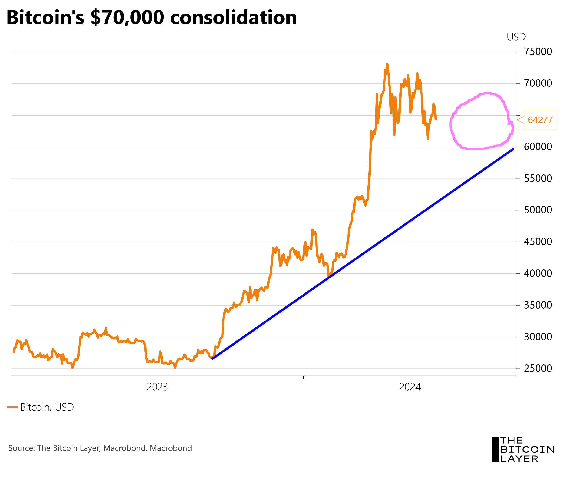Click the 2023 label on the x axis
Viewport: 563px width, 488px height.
click(157, 387)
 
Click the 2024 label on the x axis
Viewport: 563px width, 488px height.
click(410, 387)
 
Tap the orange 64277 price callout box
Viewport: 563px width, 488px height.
click(540, 120)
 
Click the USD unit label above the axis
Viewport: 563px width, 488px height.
click(516, 37)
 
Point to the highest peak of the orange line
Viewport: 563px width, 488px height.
click(387, 64)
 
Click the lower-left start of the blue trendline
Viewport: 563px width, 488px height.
click(212, 359)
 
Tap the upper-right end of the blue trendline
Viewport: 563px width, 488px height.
click(513, 149)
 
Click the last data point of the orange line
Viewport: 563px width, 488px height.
click(436, 119)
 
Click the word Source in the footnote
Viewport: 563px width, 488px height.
click(21, 448)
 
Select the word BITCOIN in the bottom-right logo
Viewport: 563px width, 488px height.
click(527, 450)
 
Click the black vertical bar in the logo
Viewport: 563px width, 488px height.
click(495, 450)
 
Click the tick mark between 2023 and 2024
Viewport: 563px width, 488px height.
click(303, 377)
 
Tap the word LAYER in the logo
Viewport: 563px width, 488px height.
click(519, 459)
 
